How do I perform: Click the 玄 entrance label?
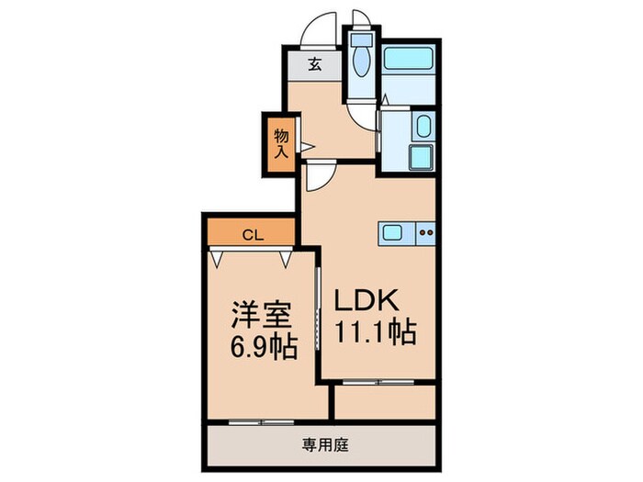313,64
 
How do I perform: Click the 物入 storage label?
281,144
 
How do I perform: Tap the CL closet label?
252,234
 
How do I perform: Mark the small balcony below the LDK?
384,401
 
